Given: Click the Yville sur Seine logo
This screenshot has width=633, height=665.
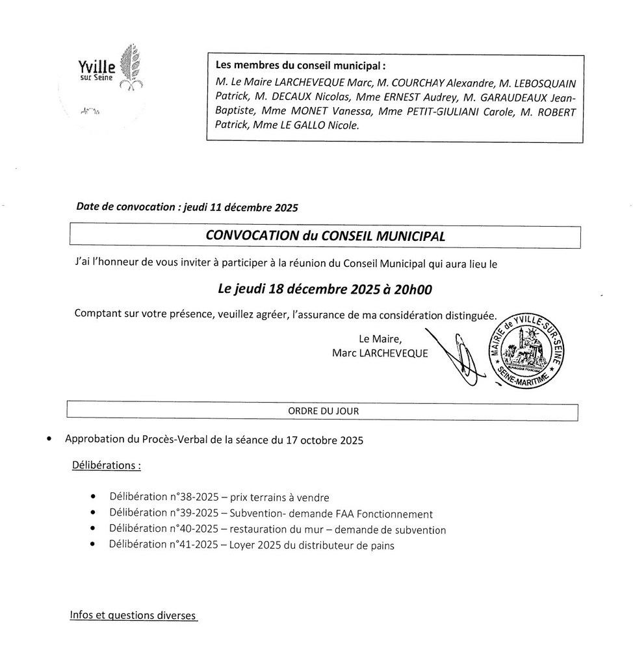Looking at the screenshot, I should click(108, 68).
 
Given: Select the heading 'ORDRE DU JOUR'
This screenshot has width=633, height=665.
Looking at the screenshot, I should click(323, 411).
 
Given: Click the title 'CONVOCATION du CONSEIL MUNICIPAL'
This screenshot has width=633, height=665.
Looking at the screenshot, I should click(325, 236).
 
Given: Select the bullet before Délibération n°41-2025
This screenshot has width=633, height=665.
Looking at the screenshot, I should click(95, 545).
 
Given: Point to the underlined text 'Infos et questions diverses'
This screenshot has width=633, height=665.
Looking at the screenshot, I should click(133, 615).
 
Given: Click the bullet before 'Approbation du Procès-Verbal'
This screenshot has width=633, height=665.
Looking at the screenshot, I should click(49, 440).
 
